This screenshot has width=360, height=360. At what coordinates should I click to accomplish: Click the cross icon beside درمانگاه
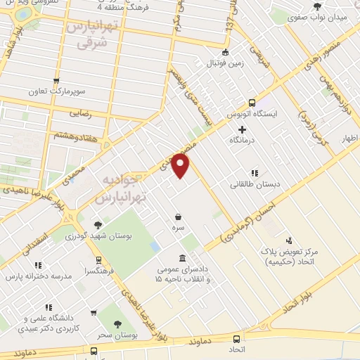pos(243,129)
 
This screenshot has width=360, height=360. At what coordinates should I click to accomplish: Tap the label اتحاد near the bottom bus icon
pos(236,349)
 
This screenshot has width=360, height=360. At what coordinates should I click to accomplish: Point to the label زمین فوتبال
pos(224,63)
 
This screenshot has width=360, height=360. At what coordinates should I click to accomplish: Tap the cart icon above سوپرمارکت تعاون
pos(56,80)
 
